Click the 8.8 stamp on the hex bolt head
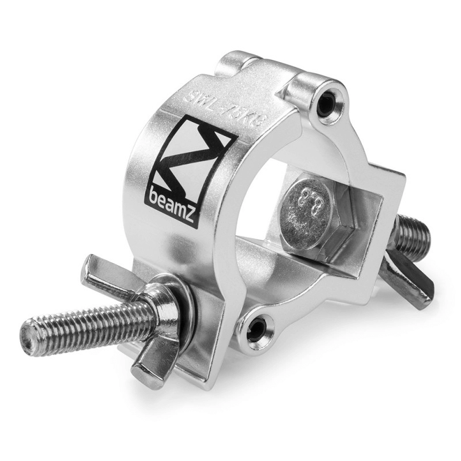tap(308, 203)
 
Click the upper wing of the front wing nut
tap(104, 271)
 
